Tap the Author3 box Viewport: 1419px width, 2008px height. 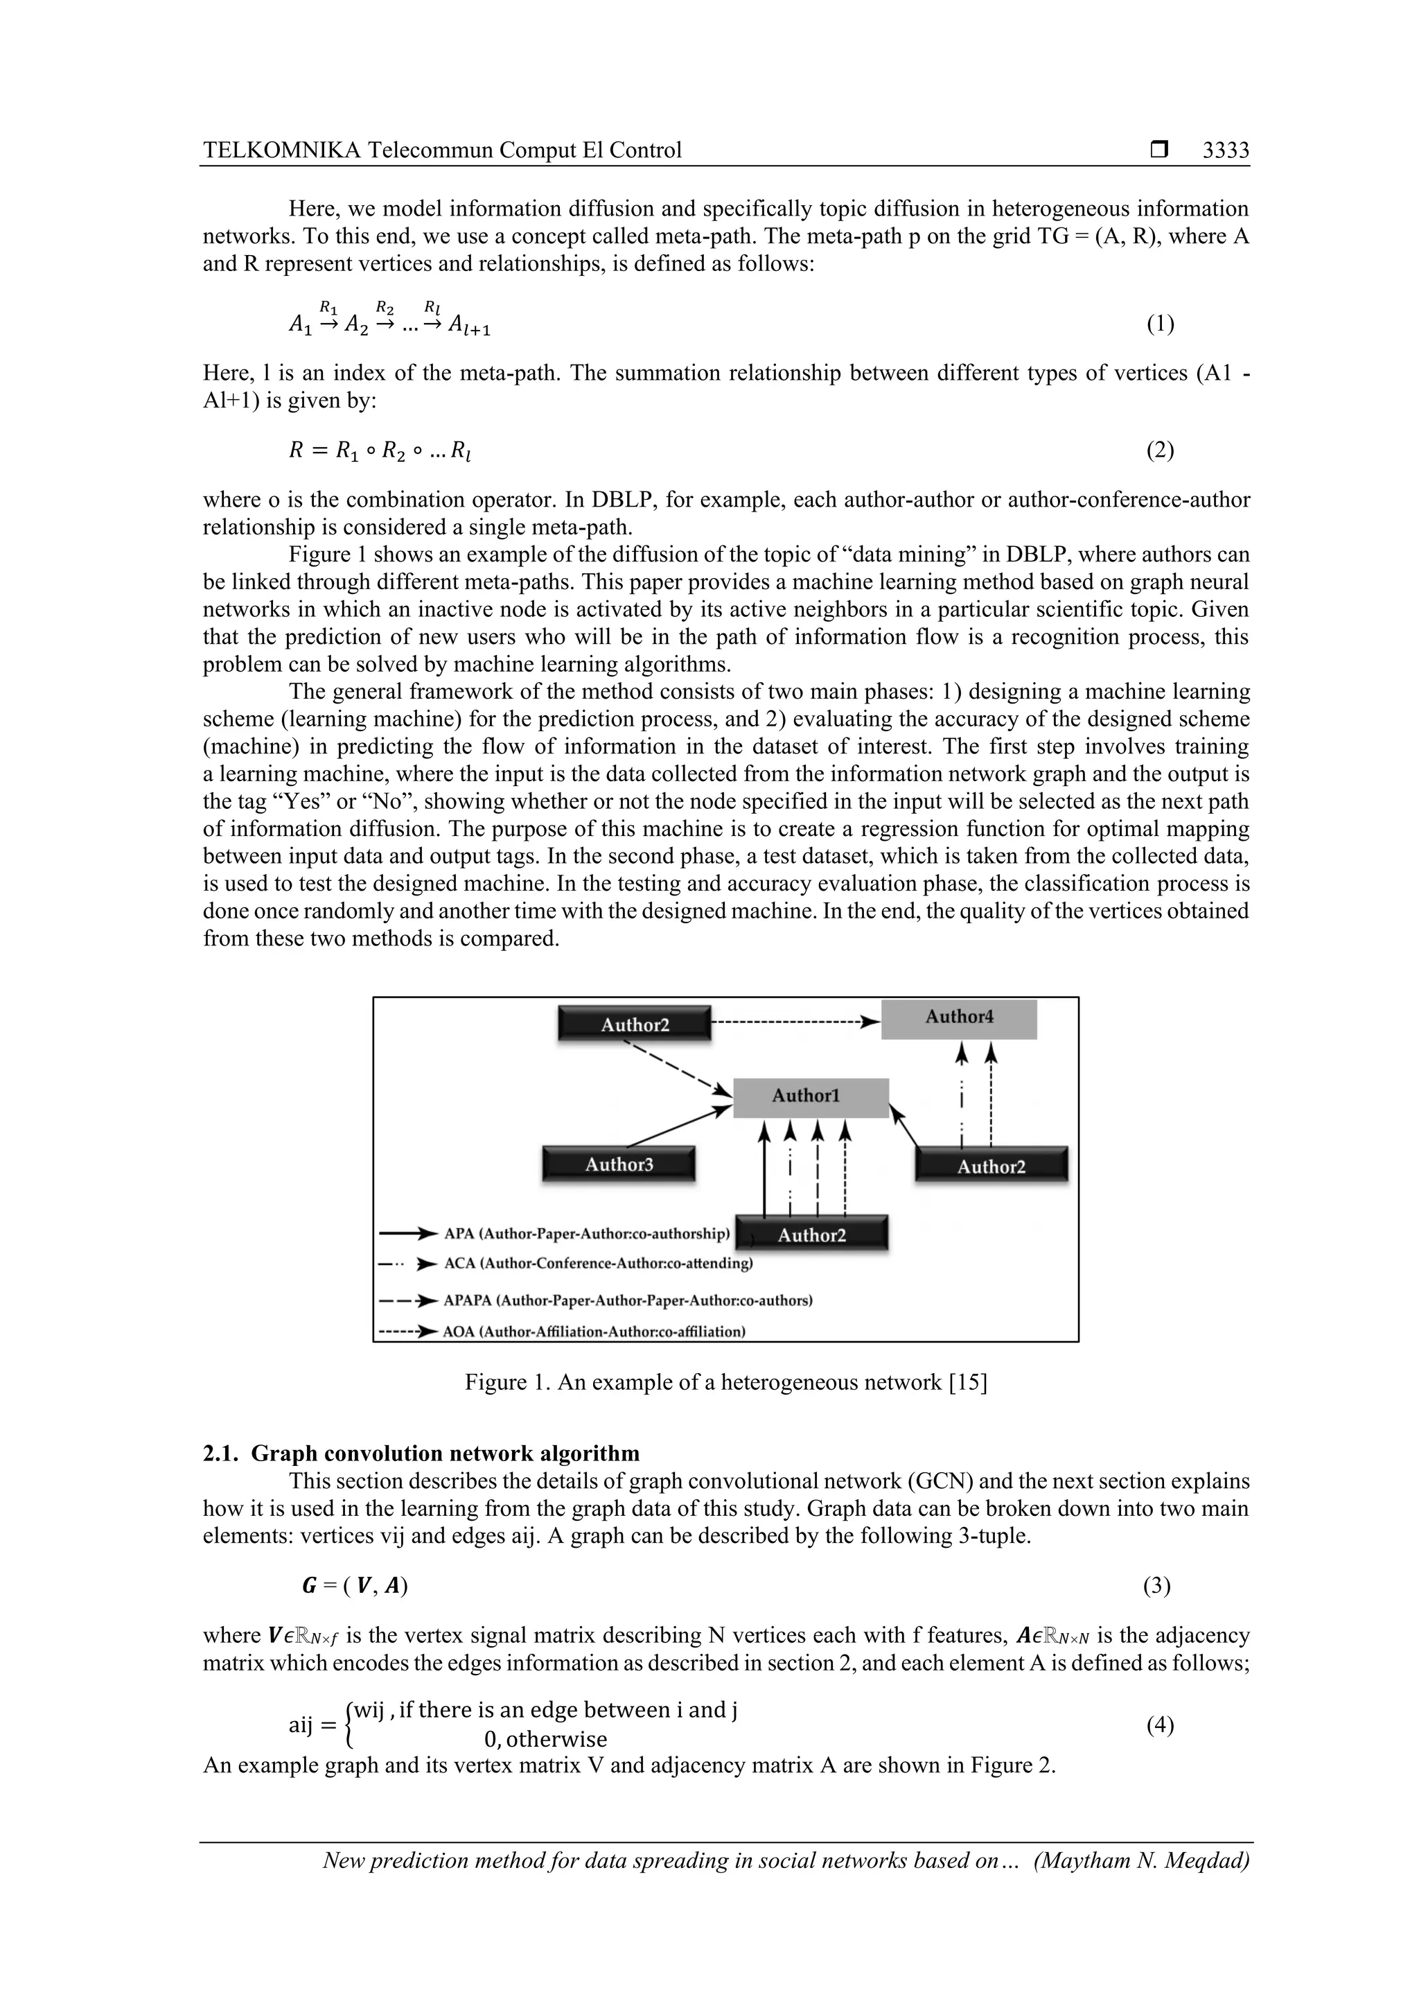[619, 1164]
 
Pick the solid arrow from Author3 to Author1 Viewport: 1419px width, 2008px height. [679, 1127]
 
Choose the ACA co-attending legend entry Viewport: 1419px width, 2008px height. [598, 1264]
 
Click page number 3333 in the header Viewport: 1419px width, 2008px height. [1225, 150]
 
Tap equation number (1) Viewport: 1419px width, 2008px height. [1160, 324]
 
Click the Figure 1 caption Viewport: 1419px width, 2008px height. [725, 1383]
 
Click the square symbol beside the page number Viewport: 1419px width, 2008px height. [1159, 150]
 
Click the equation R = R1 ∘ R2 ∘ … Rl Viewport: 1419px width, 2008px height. [382, 451]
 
